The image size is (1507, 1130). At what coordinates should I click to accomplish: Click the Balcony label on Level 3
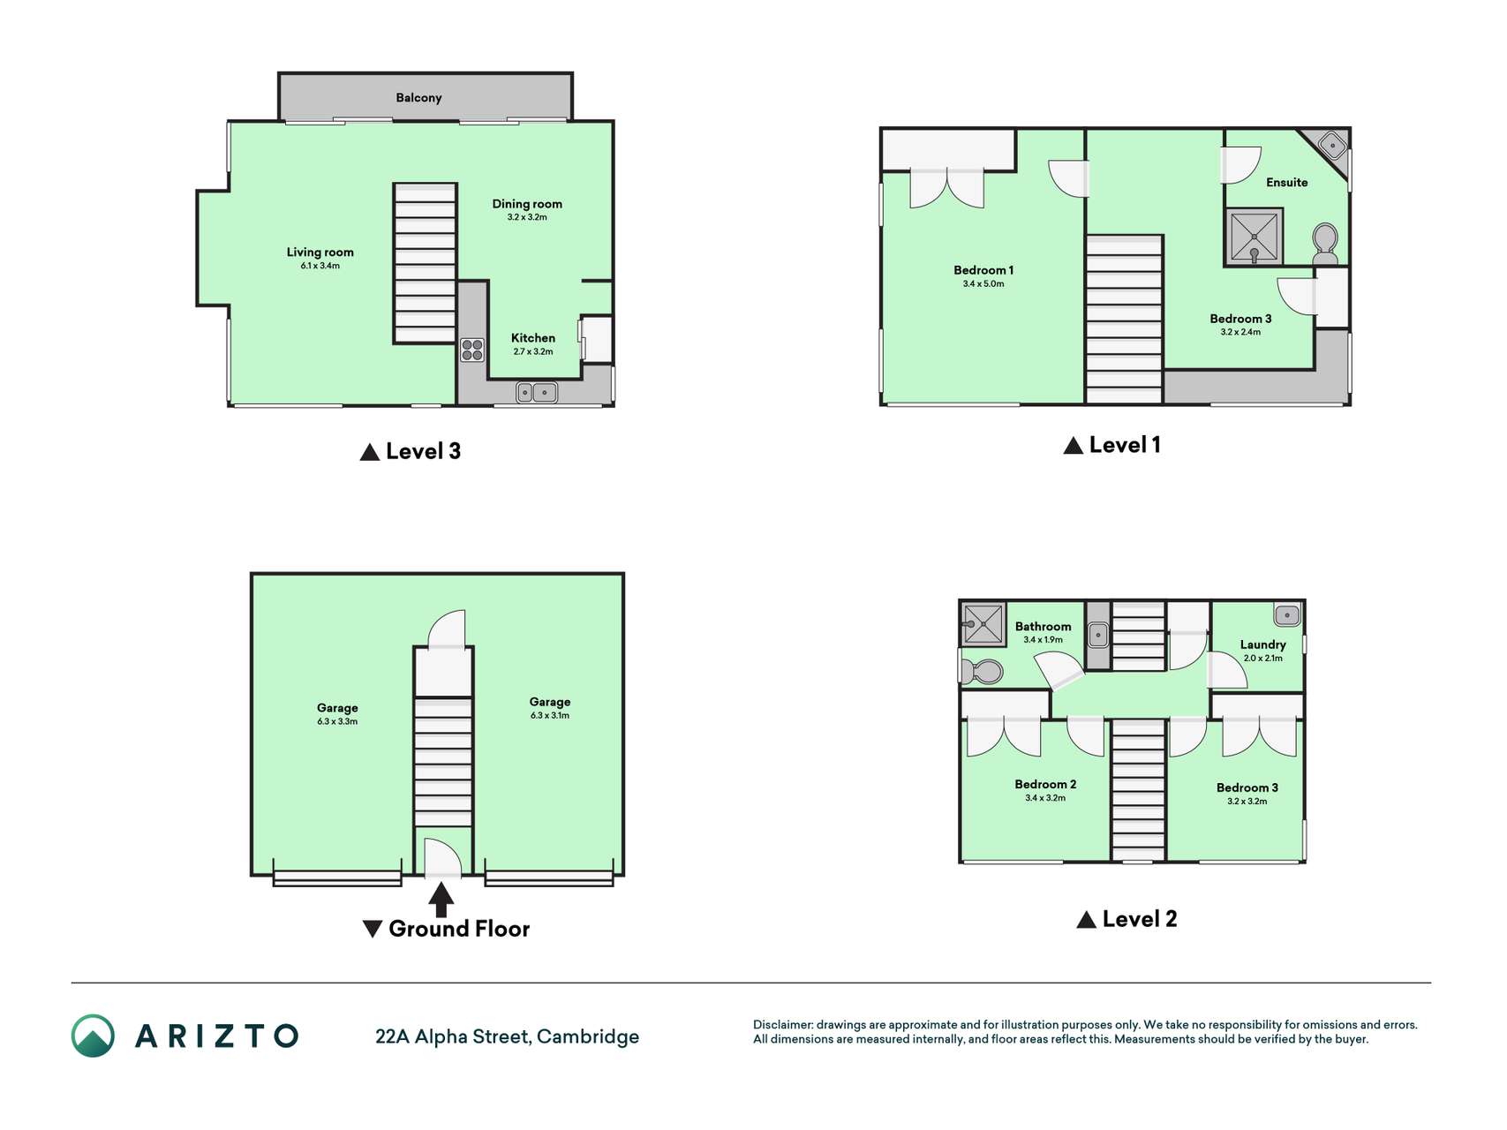(418, 98)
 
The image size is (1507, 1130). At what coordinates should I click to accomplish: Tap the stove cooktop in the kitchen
(472, 350)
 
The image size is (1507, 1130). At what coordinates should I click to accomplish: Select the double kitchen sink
(537, 392)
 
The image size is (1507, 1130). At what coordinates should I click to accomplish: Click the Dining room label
(527, 204)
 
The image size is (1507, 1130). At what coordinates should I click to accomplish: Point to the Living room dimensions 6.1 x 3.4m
(320, 266)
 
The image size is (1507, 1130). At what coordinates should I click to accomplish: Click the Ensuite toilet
(1325, 244)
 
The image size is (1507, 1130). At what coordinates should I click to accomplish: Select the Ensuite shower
(1254, 237)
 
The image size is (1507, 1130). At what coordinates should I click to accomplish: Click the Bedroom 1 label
(983, 270)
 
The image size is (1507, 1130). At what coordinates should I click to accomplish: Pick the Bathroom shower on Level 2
(983, 624)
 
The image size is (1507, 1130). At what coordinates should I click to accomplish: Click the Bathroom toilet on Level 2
(982, 672)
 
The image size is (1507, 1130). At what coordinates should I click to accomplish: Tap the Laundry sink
(1286, 614)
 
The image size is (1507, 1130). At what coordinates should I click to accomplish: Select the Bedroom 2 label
(1045, 784)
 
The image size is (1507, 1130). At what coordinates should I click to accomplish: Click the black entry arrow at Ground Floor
(441, 900)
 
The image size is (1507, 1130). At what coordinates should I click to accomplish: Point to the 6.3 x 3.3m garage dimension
(337, 721)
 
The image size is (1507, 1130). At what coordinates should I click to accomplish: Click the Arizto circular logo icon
(93, 1036)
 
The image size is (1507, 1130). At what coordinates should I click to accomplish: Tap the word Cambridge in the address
(588, 1036)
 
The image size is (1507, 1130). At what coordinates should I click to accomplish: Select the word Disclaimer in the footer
(782, 1025)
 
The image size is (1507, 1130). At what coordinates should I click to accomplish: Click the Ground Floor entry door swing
(443, 858)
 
